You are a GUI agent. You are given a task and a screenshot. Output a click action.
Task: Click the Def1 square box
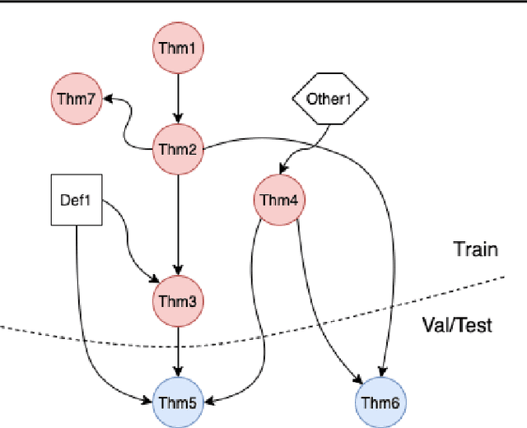point(77,199)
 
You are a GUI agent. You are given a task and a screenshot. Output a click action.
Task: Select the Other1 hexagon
point(329,100)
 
